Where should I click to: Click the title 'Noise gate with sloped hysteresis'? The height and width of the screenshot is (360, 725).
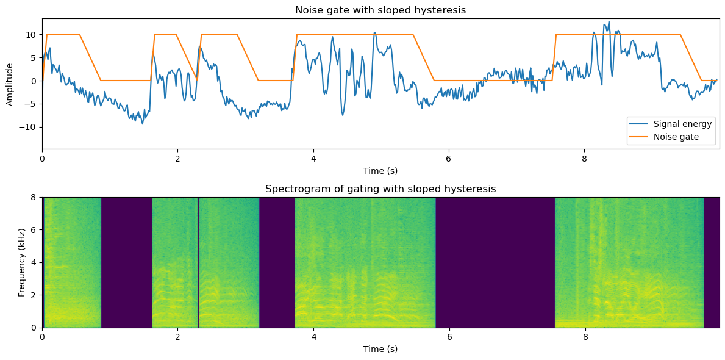click(380, 10)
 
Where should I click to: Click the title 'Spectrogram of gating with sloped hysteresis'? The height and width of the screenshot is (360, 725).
click(380, 189)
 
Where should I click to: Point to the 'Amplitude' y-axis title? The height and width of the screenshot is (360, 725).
click(10, 84)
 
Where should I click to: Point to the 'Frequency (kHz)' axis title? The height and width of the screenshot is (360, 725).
click(22, 262)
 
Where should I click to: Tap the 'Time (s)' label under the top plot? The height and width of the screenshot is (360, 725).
click(380, 171)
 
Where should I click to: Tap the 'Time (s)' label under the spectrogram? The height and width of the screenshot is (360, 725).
click(380, 349)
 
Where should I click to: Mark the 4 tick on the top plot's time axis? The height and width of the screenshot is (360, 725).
click(313, 158)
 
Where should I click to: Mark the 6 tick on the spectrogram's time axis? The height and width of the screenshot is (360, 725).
click(449, 337)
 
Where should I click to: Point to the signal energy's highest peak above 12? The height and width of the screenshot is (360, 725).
click(608, 22)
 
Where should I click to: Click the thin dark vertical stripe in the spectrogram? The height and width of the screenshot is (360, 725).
click(198, 262)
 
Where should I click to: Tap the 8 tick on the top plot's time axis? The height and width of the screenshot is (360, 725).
click(585, 158)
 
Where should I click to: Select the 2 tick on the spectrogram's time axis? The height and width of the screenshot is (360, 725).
click(178, 337)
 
